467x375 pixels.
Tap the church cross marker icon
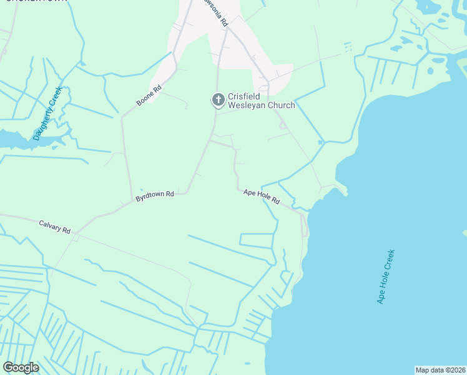(218, 99)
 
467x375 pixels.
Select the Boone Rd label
(149, 96)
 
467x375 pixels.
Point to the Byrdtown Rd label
(154, 196)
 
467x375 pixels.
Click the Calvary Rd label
(54, 226)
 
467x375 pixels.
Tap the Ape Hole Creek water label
(386, 276)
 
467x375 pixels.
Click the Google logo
(21, 367)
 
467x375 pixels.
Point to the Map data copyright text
(440, 370)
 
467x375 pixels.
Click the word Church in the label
(281, 106)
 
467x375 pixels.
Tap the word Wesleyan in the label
(245, 106)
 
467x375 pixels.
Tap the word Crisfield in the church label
(243, 96)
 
